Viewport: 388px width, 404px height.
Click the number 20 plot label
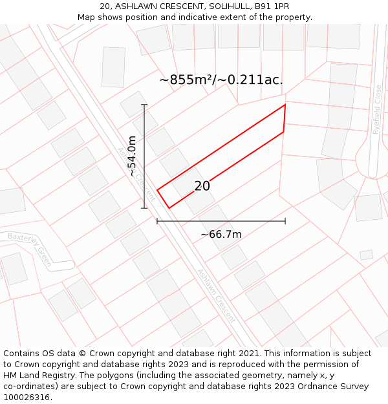202,186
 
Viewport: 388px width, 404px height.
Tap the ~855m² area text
187,80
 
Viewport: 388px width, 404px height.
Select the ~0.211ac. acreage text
251,80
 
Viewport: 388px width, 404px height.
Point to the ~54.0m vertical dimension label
132,156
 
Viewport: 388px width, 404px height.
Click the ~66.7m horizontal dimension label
221,234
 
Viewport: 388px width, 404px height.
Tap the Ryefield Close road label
377,109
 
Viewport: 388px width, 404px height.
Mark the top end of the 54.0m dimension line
144,105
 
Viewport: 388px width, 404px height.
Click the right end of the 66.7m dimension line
285,221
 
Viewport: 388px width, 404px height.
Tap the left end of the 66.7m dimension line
157,221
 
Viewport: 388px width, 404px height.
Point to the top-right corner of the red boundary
285,105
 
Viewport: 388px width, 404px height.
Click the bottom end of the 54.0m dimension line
144,208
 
